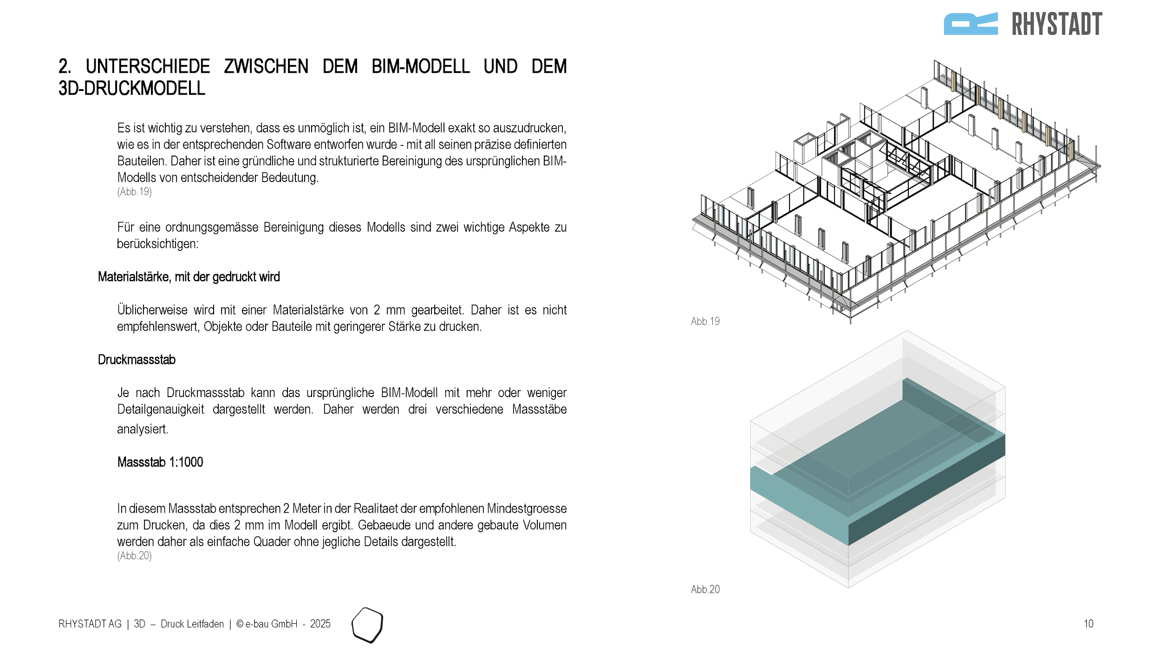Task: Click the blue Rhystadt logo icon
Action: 970,24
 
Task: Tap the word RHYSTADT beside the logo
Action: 1057,25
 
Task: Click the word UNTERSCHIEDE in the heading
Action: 148,67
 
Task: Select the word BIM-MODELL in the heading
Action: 420,67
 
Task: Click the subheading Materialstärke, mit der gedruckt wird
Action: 189,277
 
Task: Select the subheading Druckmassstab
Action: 137,360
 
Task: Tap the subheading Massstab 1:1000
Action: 160,462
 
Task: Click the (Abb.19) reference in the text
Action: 134,192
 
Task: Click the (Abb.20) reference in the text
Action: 134,556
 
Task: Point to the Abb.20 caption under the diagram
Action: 705,589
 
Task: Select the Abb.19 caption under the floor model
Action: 705,321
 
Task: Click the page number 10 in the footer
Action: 1088,624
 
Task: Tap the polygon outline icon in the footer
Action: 367,624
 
